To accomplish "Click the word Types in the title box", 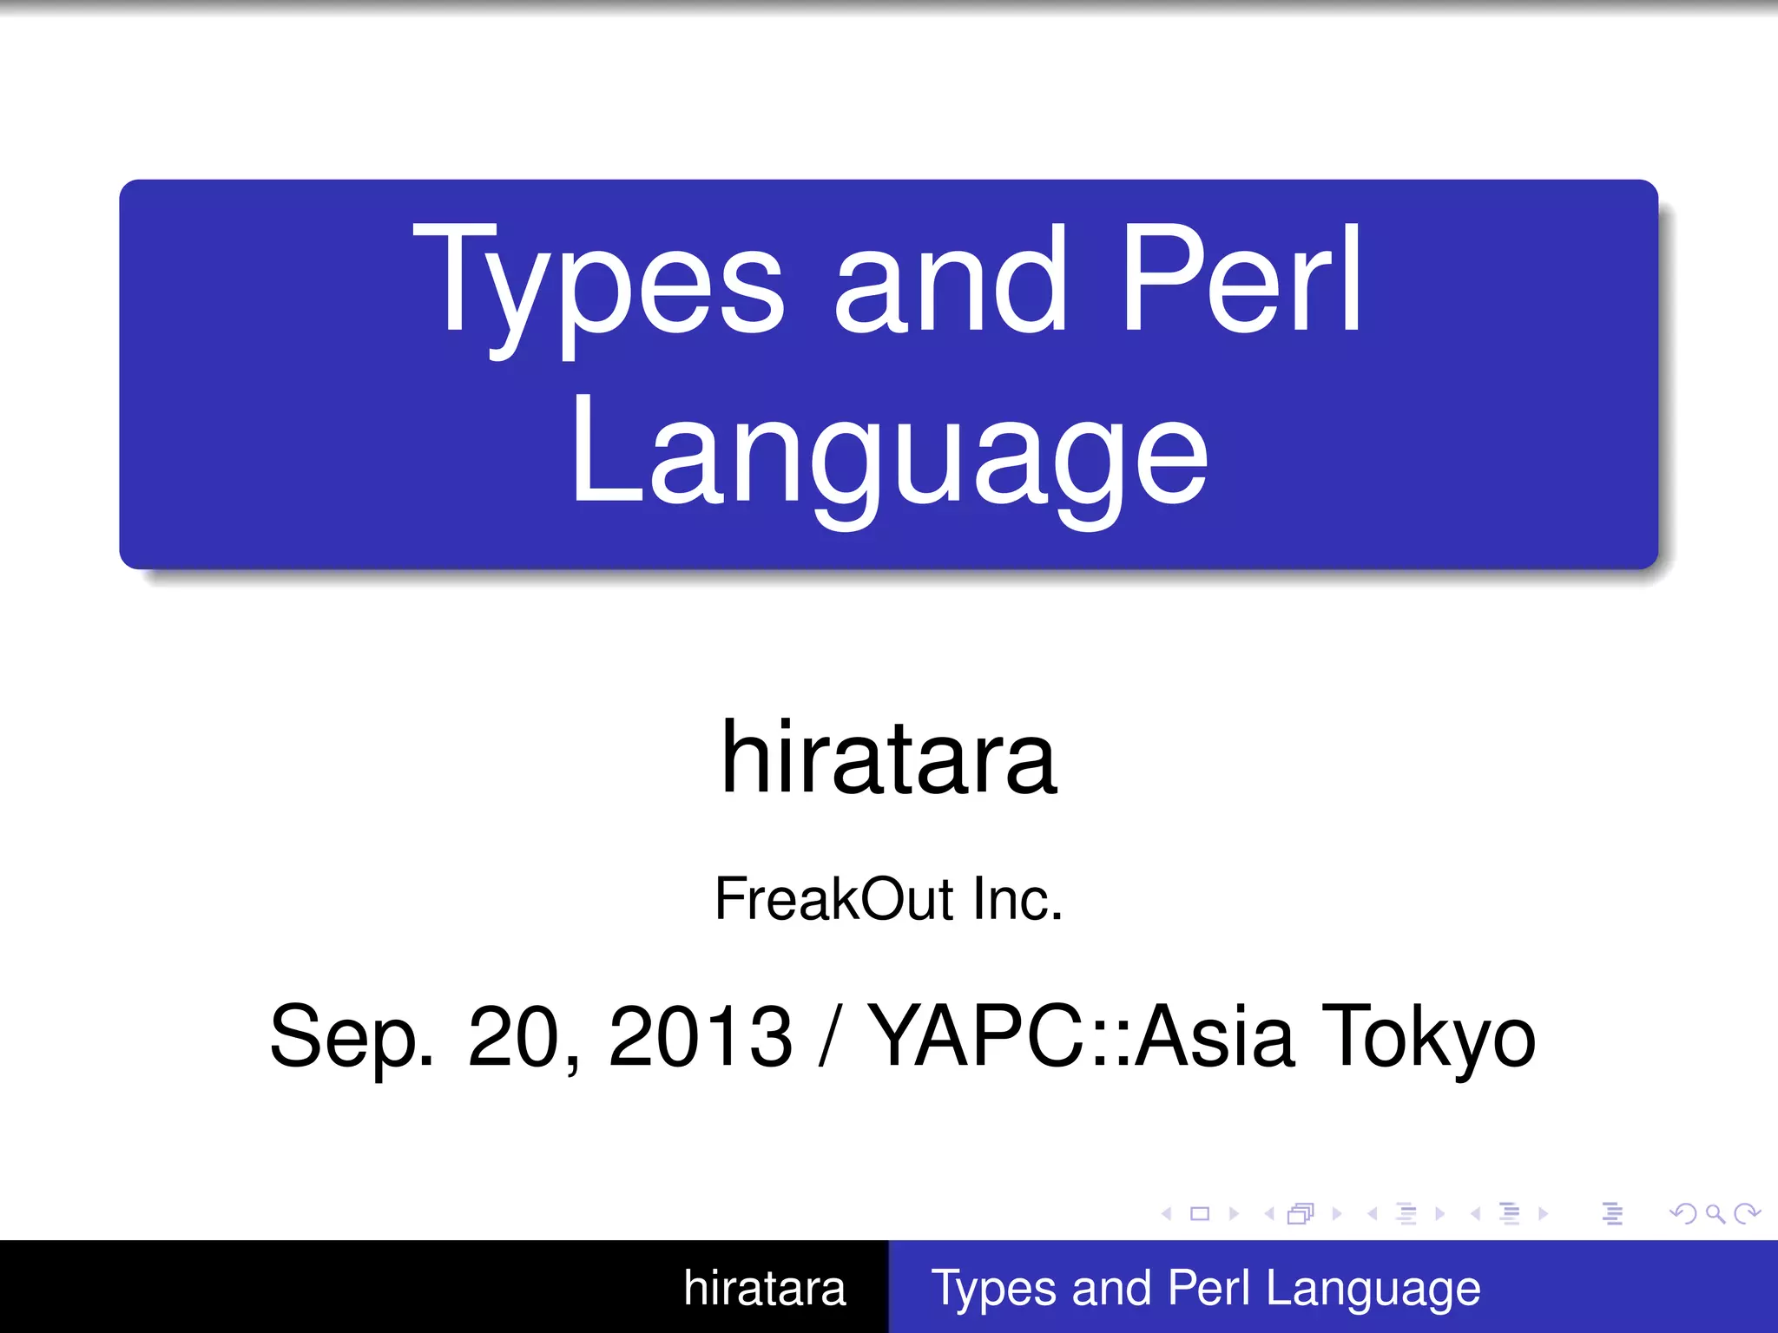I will click(599, 282).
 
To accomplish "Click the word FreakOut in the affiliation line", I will click(833, 899).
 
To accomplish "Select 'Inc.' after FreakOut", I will click(1017, 899).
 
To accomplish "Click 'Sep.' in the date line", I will click(352, 1036).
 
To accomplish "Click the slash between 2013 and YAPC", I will click(830, 1036).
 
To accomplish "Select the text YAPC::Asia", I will click(1081, 1036).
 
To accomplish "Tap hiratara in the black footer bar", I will click(764, 1288).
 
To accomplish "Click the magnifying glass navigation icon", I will click(1715, 1213).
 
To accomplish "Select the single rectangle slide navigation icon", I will click(1200, 1213).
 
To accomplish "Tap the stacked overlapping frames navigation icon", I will click(1301, 1213).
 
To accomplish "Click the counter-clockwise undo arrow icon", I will click(1684, 1213).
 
